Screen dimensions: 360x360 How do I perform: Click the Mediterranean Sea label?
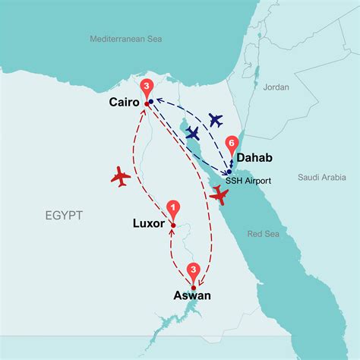(125, 39)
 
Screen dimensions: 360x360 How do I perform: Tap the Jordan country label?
(276, 87)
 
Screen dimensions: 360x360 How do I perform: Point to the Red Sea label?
(264, 234)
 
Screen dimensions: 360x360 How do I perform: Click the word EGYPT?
(62, 216)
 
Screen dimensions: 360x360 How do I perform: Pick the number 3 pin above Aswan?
(194, 270)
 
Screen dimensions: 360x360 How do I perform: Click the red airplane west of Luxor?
(120, 177)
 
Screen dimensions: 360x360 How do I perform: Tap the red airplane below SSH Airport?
(220, 195)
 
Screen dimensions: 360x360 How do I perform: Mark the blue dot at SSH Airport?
(229, 172)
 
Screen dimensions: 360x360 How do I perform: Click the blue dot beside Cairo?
(151, 101)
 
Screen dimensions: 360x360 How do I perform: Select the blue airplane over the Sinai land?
(216, 119)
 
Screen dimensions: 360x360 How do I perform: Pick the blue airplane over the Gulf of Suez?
(193, 133)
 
